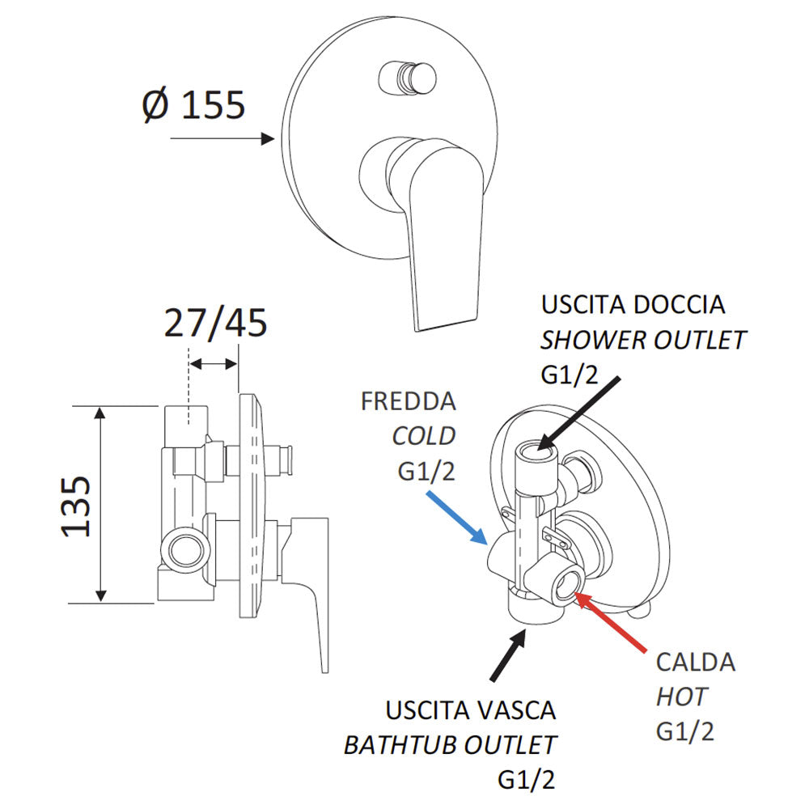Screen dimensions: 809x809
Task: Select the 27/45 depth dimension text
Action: coord(215,324)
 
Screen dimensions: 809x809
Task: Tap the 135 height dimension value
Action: coord(77,506)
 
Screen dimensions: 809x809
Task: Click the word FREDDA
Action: coord(409,401)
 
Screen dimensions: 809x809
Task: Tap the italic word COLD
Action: coord(424,436)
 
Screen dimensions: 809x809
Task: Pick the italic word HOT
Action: coord(681,696)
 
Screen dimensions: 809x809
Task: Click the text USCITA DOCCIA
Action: coord(633,305)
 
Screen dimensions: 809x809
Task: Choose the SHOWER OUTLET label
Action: coord(643,340)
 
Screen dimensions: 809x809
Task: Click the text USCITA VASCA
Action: coord(471,710)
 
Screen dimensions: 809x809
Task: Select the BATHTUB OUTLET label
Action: coord(451,744)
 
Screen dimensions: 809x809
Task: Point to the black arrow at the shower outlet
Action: coord(578,411)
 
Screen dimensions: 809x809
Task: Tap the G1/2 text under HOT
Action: coord(685,731)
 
